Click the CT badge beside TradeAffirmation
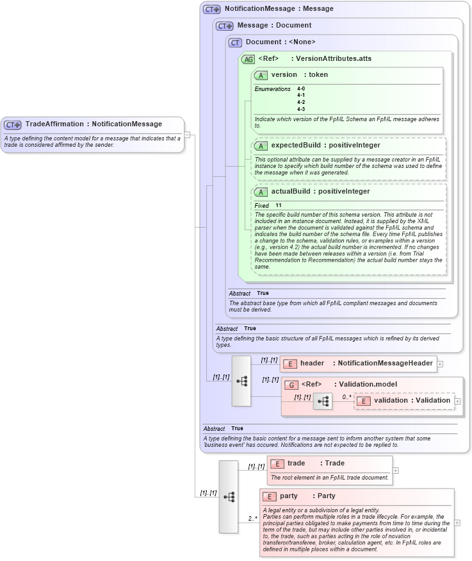pos(13,124)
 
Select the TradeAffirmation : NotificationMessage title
pos(94,124)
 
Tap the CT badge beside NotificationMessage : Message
pos(212,10)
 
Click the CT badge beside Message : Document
pos(224,26)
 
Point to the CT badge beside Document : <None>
pos(235,42)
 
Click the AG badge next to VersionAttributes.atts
pos(248,59)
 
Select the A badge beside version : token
pos(261,75)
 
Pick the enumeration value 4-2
pos(301,102)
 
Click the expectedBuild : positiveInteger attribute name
pos(325,146)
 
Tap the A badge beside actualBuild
pos(261,192)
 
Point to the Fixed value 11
pos(279,205)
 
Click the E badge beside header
pos(289,364)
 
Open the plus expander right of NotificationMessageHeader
pos(440,364)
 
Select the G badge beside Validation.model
pos(291,385)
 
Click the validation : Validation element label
pos(412,401)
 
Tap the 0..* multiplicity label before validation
pos(346,397)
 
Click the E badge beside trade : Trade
pos(277,464)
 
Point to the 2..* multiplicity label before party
pos(254,518)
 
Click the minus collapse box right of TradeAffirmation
pos(187,135)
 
